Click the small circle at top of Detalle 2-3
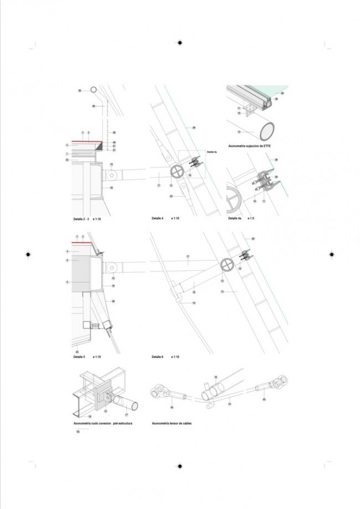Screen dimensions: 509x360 (x=94, y=90)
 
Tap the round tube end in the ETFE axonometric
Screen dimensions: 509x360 (x=268, y=131)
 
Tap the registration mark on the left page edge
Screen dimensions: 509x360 (x=28, y=254)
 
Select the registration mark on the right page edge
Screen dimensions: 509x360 (x=331, y=254)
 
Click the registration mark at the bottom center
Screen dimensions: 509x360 (x=179, y=466)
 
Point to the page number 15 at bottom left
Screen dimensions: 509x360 (x=78, y=431)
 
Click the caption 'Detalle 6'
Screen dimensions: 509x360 (x=157, y=357)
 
